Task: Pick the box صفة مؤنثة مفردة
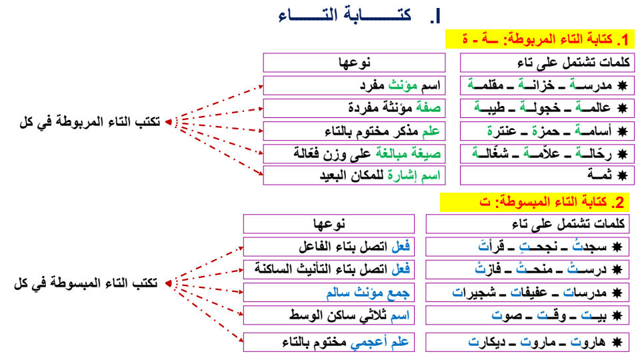(x=353, y=107)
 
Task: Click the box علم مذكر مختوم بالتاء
(x=353, y=130)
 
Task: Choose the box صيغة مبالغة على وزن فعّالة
(x=353, y=153)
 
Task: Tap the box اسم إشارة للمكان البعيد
(x=353, y=175)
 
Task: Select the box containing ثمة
(x=548, y=175)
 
